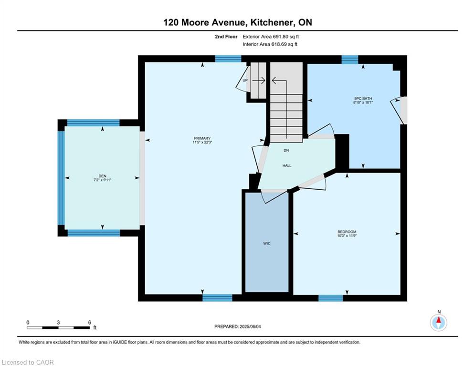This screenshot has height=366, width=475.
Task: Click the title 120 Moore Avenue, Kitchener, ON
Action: pyautogui.click(x=238, y=22)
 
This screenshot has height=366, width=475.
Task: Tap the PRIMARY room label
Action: pyautogui.click(x=202, y=138)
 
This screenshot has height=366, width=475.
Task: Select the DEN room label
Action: pyautogui.click(x=102, y=176)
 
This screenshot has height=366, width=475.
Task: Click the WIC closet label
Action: pyautogui.click(x=266, y=244)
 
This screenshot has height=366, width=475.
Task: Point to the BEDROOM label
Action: pyautogui.click(x=347, y=232)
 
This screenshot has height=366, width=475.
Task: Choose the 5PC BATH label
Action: pyautogui.click(x=363, y=99)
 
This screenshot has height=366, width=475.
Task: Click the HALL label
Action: pyautogui.click(x=287, y=166)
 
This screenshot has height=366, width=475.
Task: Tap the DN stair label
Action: pyautogui.click(x=286, y=150)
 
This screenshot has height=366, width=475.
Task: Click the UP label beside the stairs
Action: pyautogui.click(x=245, y=81)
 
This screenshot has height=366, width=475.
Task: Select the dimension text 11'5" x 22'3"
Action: pyautogui.click(x=202, y=142)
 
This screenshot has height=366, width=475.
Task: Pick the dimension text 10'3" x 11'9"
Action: pyautogui.click(x=347, y=235)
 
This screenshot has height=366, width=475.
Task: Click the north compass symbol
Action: pyautogui.click(x=438, y=323)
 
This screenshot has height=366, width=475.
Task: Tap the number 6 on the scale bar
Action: pyautogui.click(x=90, y=323)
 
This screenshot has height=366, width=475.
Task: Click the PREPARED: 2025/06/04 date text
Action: pyautogui.click(x=238, y=326)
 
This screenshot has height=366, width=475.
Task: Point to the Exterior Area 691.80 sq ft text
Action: pyautogui.click(x=271, y=37)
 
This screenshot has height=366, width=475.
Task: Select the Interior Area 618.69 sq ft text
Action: pyautogui.click(x=270, y=44)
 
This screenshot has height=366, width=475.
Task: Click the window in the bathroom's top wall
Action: pyautogui.click(x=349, y=60)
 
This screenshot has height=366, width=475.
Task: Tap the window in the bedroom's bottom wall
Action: pyautogui.click(x=330, y=298)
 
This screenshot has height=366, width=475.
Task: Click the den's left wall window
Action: pyautogui.click(x=61, y=178)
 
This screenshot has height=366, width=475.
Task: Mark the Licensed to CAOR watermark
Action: pyautogui.click(x=28, y=362)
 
